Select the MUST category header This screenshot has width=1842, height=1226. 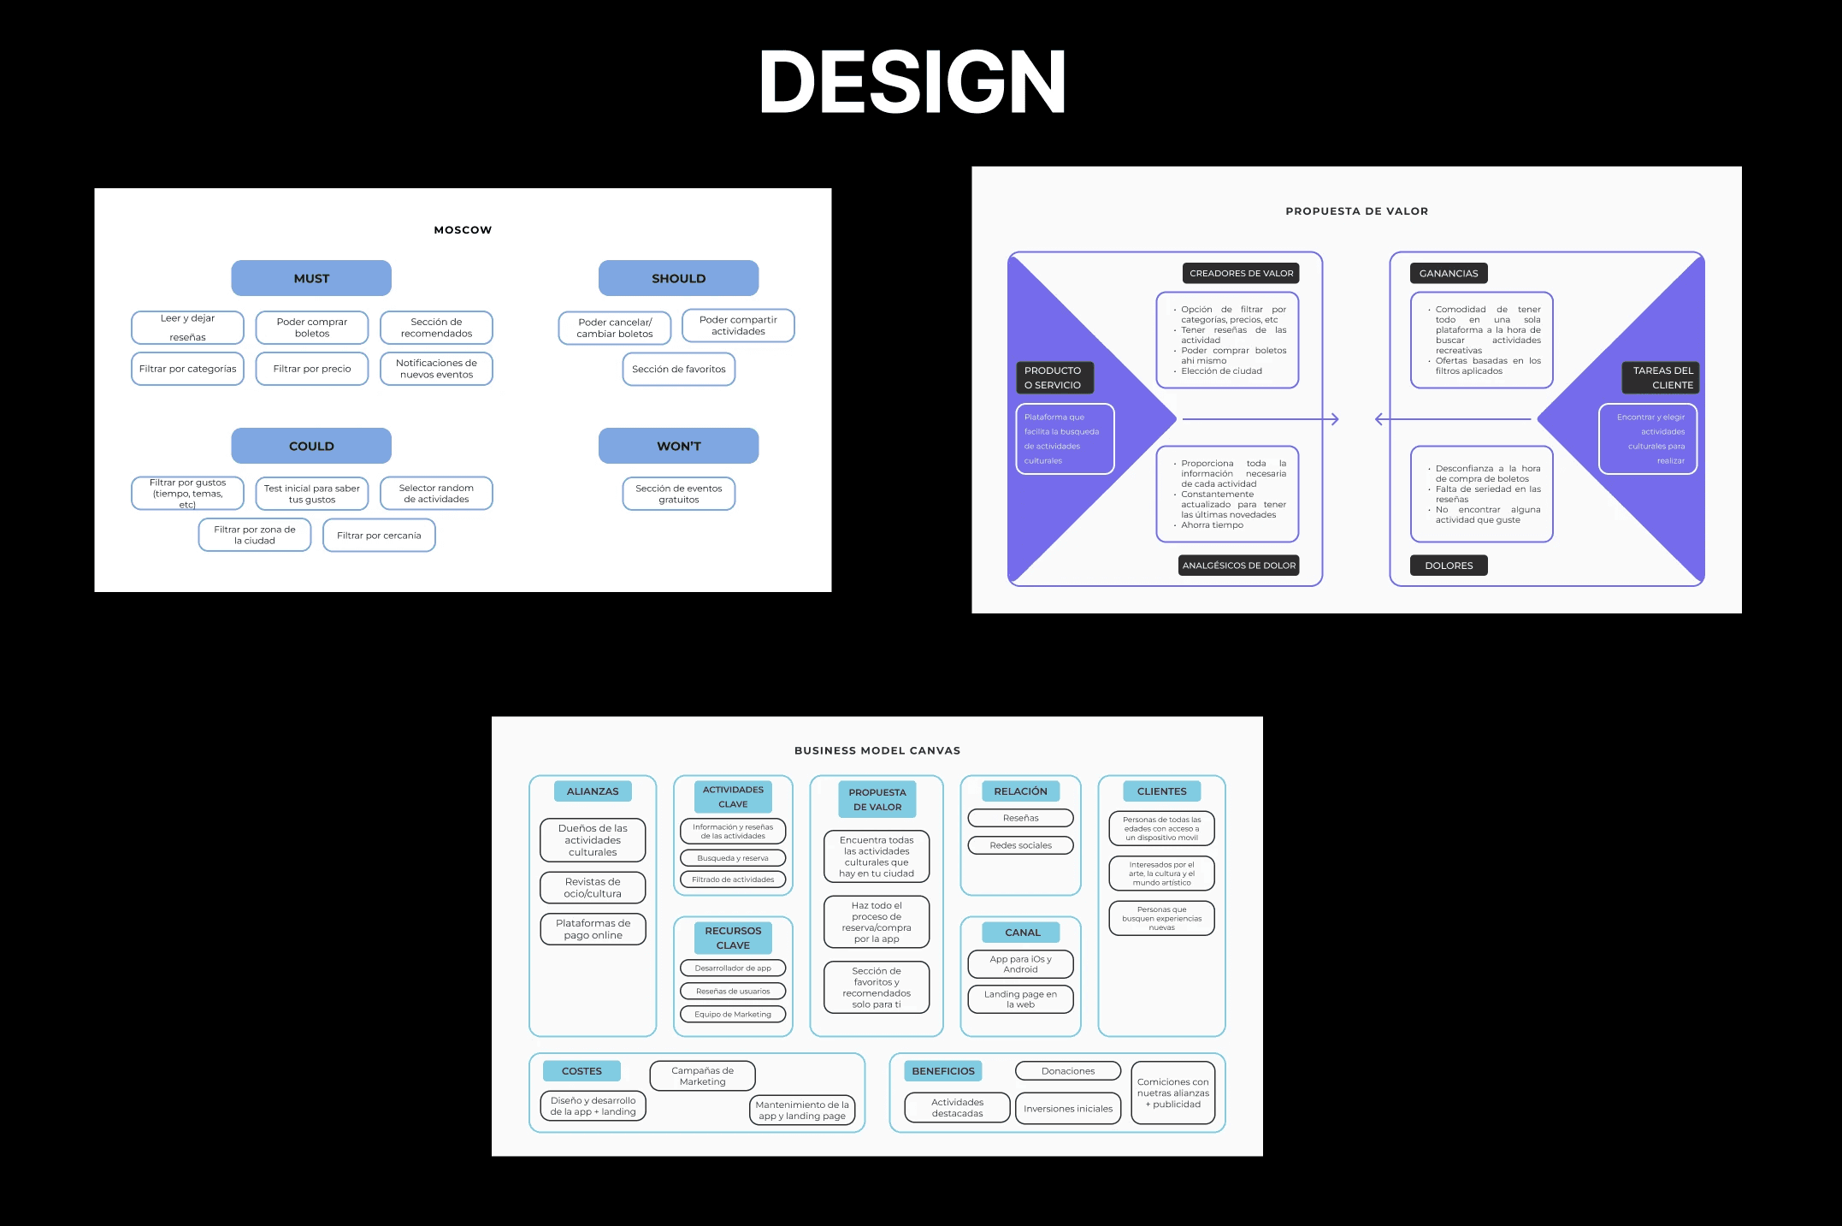click(311, 278)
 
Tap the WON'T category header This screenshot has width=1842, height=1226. click(678, 446)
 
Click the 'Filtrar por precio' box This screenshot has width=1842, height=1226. click(312, 369)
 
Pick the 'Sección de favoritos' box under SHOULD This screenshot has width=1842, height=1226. click(678, 369)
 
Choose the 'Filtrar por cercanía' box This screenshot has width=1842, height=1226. click(379, 536)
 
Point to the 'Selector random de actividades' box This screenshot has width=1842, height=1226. click(436, 494)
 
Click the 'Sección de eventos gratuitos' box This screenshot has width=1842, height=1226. click(678, 494)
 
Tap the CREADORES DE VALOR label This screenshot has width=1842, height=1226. click(1241, 274)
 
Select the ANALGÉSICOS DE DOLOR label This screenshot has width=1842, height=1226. click(1238, 566)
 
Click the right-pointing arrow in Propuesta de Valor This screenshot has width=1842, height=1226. click(1261, 419)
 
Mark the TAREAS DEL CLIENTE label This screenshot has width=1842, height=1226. click(1661, 377)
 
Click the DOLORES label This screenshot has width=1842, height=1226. click(1449, 566)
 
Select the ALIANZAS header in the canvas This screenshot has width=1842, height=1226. click(593, 791)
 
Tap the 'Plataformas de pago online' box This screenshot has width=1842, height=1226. click(593, 929)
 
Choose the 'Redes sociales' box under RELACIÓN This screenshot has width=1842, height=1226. click(1020, 845)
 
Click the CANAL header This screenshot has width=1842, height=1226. click(1022, 933)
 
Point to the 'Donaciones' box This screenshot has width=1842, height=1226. click(1067, 1071)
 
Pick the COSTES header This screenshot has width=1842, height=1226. click(582, 1071)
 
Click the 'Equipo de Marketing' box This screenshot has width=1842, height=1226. click(733, 1015)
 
